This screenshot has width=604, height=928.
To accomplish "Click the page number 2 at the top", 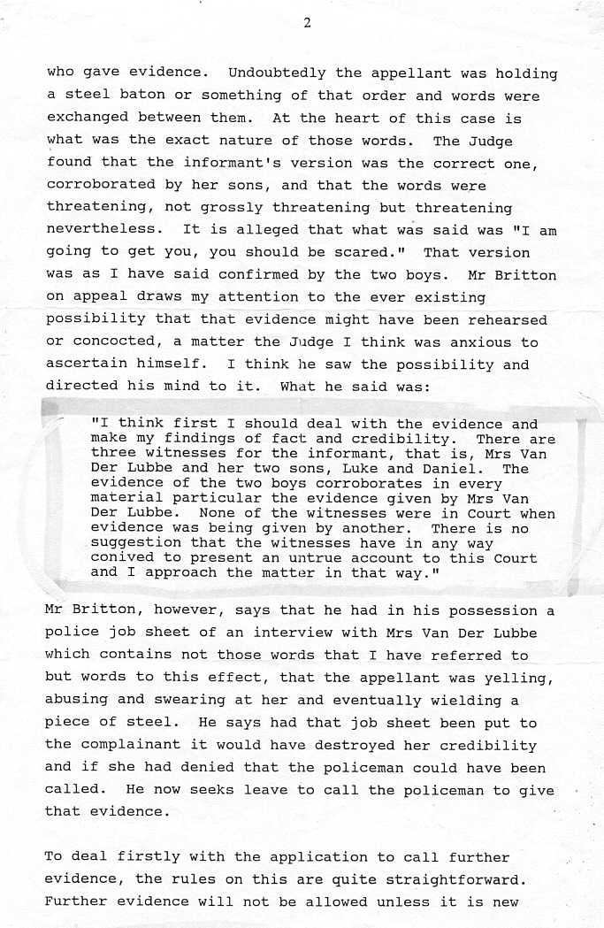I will (x=306, y=24).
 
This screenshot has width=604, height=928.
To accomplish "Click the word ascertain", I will (x=88, y=364).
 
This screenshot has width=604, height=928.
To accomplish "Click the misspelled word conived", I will (x=119, y=558).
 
